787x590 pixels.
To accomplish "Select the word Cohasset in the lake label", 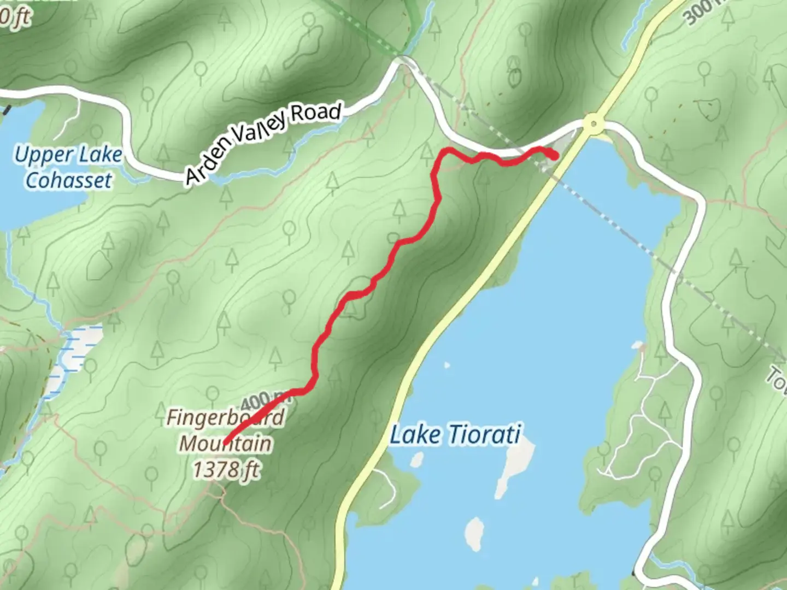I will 68,180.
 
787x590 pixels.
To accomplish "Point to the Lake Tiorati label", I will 455,435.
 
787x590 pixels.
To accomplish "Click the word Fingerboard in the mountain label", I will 225,418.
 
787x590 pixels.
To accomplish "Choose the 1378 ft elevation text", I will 226,469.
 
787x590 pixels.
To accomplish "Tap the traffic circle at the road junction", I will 592,124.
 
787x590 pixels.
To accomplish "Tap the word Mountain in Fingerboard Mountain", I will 225,443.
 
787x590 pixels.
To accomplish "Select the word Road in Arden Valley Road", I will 315,114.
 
